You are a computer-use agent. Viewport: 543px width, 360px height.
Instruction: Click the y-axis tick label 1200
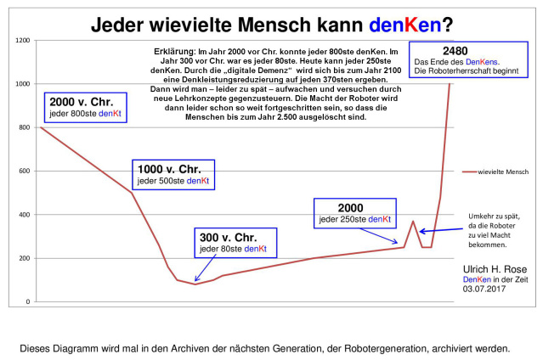[23, 40]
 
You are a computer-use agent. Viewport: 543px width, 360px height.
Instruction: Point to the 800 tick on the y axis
[25, 127]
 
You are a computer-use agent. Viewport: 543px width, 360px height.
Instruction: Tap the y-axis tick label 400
[25, 214]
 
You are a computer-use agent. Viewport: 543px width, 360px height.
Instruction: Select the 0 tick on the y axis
[29, 301]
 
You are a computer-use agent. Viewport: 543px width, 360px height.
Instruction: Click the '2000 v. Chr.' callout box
[84, 106]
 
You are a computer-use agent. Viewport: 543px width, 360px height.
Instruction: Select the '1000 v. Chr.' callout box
[173, 175]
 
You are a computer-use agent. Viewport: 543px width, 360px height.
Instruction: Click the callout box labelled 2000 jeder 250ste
[354, 213]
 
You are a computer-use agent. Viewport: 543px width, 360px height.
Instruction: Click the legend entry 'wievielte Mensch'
[496, 172]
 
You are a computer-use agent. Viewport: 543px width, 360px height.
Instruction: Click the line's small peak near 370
[413, 222]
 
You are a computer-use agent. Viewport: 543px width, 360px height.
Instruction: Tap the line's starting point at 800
[41, 127]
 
